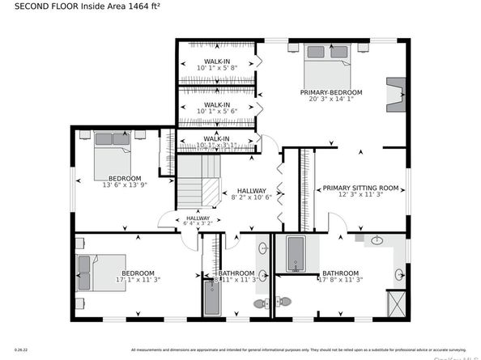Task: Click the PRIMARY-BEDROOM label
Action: (x=331, y=93)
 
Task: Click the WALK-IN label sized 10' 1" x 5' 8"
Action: (x=216, y=61)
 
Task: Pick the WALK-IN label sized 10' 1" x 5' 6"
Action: (x=216, y=104)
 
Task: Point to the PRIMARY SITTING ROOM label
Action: (x=361, y=188)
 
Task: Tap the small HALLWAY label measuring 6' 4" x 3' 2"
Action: (x=198, y=218)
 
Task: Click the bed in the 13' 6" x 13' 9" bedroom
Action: (x=111, y=157)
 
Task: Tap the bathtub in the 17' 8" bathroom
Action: (x=295, y=253)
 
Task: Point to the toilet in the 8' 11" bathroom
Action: (x=262, y=303)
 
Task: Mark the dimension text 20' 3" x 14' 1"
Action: (x=331, y=101)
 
